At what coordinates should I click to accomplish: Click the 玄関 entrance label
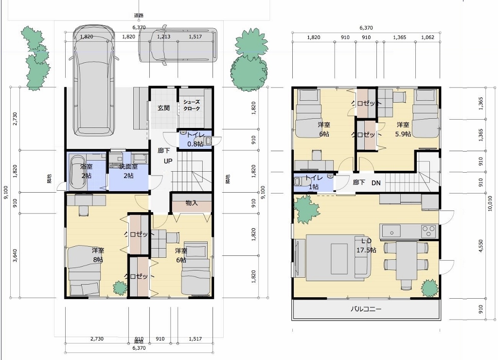click(163, 108)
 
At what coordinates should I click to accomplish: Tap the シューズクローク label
click(191, 105)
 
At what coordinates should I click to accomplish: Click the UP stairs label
click(168, 162)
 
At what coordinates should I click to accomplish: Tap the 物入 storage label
click(192, 203)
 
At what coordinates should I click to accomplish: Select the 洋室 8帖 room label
click(98, 255)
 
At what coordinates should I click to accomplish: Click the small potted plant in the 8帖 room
click(119, 287)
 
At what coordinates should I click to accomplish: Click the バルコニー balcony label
click(366, 309)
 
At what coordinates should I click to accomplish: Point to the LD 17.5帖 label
click(366, 246)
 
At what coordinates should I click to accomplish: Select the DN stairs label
click(376, 183)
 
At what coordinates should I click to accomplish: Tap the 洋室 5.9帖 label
click(403, 129)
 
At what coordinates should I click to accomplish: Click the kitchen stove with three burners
click(428, 229)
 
